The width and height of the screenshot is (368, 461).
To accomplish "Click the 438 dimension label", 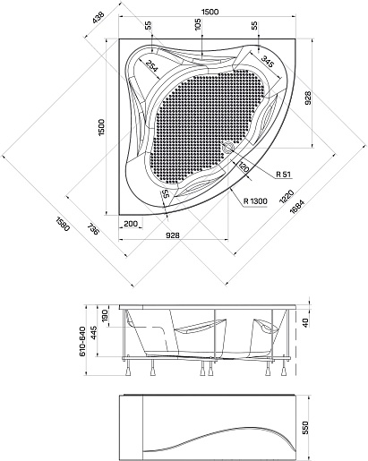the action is coord(98,17).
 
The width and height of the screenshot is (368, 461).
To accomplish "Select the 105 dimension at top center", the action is coord(198,24).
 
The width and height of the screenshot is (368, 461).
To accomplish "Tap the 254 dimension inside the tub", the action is coord(151,65).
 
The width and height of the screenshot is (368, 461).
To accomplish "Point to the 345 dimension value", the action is coord(268,62).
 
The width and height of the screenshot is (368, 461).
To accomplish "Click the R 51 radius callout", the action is coord(283,175).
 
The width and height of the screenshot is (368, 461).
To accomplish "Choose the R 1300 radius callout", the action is coord(255,201).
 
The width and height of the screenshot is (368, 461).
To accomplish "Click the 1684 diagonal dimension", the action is coord(297,207).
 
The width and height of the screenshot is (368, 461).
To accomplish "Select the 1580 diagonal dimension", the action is coord(63,224).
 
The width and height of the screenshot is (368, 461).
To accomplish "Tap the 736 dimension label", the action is coord(93,228).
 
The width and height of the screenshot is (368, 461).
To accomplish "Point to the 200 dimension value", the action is coord(131,224).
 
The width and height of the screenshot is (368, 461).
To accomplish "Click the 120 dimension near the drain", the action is coord(244,167).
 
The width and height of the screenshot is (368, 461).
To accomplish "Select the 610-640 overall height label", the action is coord(82,341).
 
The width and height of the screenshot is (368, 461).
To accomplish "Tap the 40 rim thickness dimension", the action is coord(305,323).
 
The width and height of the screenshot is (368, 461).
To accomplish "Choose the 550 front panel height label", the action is coord(305,428).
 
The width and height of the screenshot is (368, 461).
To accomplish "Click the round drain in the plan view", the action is coord(229,147).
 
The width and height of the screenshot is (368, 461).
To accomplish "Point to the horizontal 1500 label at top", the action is coord(210,12).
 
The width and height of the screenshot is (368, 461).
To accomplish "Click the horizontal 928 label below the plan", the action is coord(173,235).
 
